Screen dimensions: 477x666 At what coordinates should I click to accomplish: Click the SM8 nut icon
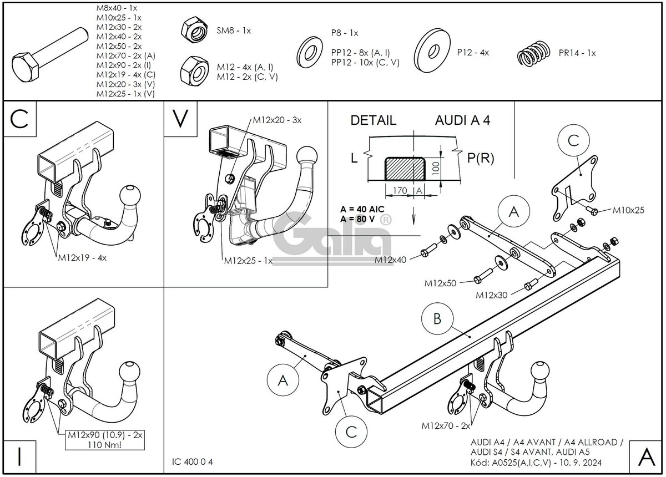(194, 31)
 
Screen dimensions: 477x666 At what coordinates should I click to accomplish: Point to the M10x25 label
(628, 210)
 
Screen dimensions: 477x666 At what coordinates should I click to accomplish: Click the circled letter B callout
(437, 318)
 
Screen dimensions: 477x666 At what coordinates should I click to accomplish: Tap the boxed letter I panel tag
(20, 456)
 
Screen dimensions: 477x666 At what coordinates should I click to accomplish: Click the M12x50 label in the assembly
(440, 283)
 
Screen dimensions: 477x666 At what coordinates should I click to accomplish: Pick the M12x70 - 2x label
(446, 426)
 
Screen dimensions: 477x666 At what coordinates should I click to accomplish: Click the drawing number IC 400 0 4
(193, 461)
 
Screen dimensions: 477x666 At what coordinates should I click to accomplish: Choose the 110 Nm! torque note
(105, 445)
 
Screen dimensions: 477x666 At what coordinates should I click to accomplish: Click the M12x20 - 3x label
(277, 120)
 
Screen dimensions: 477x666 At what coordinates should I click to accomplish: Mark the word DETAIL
(373, 120)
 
